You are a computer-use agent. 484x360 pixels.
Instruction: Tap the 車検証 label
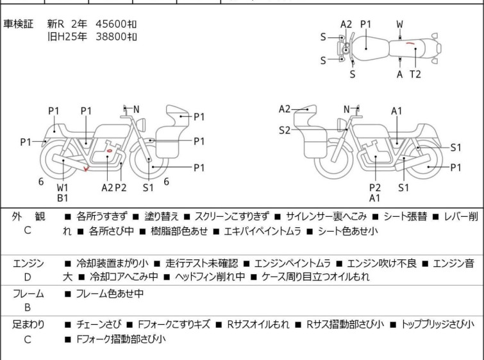(x=18, y=24)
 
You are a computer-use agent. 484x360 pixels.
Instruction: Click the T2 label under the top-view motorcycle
(x=415, y=74)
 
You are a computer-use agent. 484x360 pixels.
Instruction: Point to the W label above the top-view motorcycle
(x=400, y=24)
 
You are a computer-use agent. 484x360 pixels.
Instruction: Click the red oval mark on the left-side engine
(x=109, y=151)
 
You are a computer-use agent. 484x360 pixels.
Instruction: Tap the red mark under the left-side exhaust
(x=87, y=168)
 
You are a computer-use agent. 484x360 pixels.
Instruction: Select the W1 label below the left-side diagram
(x=62, y=187)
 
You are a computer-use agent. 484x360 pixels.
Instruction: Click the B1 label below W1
(x=62, y=198)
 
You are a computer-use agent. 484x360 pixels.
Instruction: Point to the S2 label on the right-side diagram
(x=285, y=130)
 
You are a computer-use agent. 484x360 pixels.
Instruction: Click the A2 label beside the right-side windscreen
(x=285, y=109)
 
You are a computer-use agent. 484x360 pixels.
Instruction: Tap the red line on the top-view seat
(x=410, y=43)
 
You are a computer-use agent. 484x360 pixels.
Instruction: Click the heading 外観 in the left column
(x=28, y=216)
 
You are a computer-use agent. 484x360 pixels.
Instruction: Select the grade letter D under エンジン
(x=28, y=277)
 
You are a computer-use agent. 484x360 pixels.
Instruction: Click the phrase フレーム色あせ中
(x=110, y=293)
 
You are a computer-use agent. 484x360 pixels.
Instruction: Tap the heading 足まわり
(x=28, y=325)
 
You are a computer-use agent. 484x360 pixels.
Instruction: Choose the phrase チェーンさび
(x=99, y=325)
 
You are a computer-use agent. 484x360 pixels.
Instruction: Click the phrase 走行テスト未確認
(x=202, y=263)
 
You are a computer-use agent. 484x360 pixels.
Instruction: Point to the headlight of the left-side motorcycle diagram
(x=142, y=124)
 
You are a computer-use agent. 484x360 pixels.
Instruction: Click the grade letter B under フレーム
(x=28, y=308)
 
